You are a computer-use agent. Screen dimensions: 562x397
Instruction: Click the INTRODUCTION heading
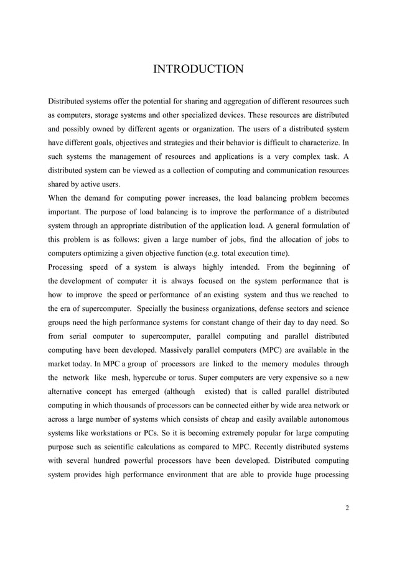tap(198, 69)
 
